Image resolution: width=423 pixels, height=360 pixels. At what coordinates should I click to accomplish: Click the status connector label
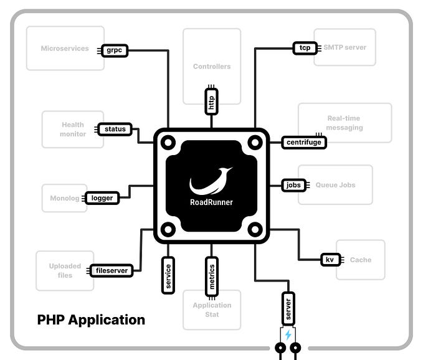coord(115,130)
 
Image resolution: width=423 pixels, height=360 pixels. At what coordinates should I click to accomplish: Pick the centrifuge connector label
coord(303,143)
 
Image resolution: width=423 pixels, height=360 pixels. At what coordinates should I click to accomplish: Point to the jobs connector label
coord(293,185)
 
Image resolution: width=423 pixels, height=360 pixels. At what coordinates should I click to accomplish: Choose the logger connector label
coord(102,198)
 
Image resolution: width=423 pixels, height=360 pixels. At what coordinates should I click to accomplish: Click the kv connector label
coord(329,260)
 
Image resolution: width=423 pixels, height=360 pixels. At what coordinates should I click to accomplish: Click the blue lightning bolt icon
coord(288,335)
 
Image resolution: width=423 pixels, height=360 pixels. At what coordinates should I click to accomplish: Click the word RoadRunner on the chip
coord(211,202)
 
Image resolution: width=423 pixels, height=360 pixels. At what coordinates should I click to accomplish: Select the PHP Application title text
coord(91,320)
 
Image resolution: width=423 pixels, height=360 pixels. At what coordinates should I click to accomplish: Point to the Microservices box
coord(65,48)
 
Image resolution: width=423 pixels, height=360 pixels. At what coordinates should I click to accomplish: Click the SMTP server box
coord(345,47)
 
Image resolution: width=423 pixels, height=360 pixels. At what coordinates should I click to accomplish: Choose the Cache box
coord(361,260)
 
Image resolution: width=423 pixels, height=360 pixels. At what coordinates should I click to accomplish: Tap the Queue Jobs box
coord(335,185)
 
